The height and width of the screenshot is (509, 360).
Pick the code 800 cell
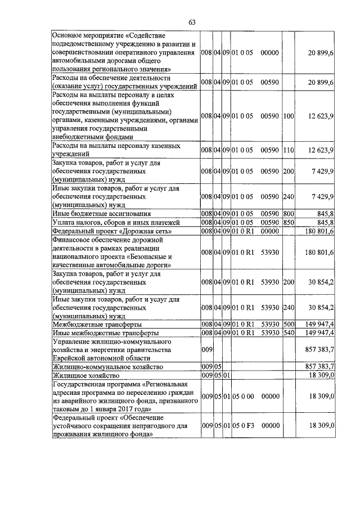tap(289, 214)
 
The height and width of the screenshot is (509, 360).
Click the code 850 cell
tap(289, 222)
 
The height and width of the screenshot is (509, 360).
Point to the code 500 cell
tap(289, 325)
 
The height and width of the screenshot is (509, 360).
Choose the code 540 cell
tap(289, 333)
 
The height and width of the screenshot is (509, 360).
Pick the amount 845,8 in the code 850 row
tap(324, 222)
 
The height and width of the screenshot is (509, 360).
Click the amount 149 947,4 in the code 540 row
tap(319, 333)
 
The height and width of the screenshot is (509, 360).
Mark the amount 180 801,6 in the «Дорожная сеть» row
tap(319, 231)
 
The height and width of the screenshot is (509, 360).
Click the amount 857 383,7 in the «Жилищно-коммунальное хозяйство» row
tap(319, 367)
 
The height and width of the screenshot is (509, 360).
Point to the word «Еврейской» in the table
tap(70, 358)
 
